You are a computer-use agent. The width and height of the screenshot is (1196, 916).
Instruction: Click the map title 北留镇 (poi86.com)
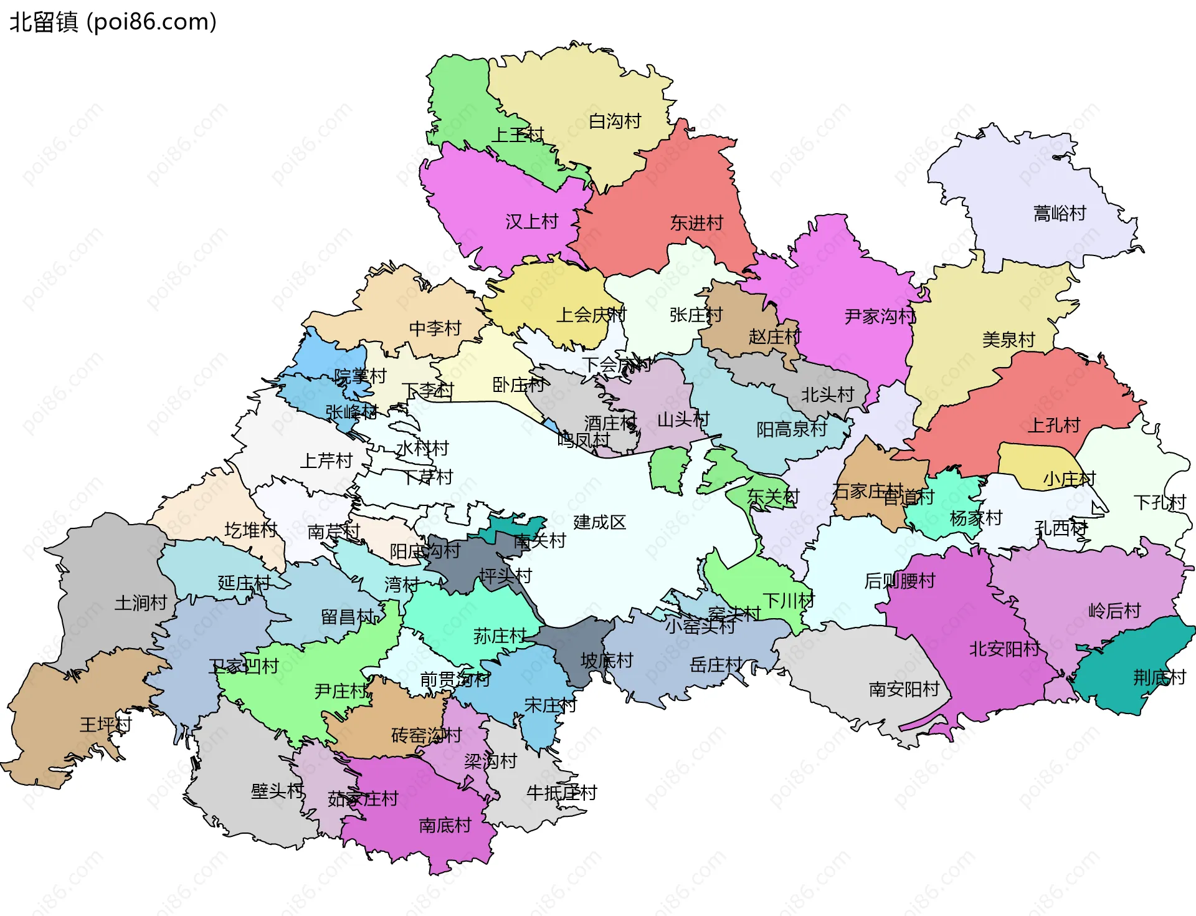113,22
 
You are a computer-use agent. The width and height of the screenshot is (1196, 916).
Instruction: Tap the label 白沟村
615,122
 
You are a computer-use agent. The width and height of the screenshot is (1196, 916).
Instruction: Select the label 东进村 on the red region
696,223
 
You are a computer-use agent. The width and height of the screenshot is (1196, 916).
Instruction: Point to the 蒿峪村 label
1059,214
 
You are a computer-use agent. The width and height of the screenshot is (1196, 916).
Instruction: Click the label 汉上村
531,222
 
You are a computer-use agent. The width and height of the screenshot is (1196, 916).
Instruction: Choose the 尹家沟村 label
880,317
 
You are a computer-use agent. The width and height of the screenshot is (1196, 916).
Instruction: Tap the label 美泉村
1008,340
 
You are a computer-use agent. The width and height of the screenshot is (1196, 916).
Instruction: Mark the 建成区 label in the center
599,522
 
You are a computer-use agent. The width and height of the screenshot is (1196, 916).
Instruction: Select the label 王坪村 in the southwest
105,725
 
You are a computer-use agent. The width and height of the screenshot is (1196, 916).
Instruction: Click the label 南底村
445,826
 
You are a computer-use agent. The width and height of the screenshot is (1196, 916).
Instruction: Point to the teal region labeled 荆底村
1159,677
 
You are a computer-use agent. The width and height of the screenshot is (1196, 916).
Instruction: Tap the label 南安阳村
903,689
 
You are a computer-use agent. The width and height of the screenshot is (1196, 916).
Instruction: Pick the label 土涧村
141,603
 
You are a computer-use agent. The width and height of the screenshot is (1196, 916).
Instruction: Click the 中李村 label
435,328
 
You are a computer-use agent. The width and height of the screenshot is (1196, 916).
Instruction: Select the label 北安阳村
1004,649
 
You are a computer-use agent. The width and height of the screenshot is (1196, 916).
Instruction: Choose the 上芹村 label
326,461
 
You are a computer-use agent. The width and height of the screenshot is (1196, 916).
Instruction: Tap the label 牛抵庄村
561,793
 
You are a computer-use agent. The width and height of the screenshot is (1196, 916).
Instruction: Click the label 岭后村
1114,611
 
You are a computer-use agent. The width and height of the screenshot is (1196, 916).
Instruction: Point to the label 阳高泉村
791,429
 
